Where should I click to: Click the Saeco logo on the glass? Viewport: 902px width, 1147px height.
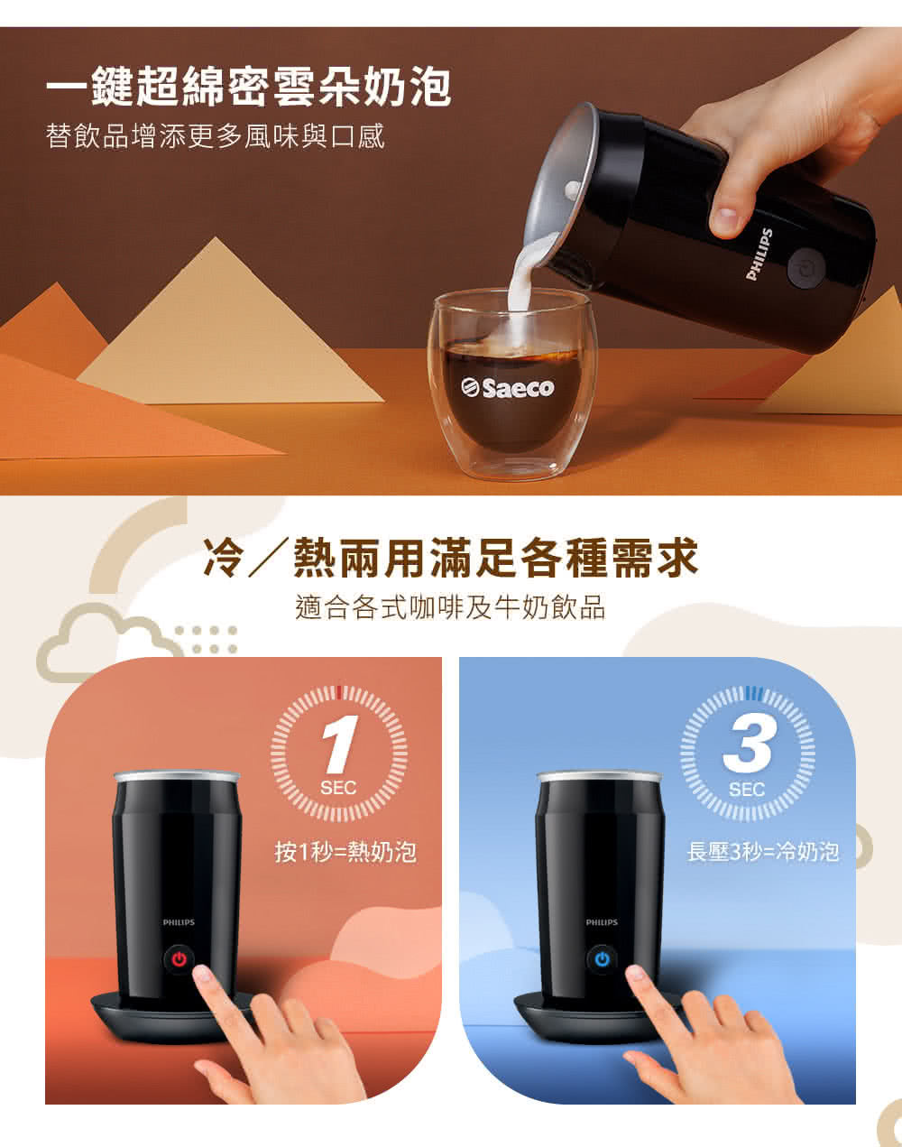[509, 388]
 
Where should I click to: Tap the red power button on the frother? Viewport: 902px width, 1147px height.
[179, 958]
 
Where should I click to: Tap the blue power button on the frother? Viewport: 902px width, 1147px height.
[602, 958]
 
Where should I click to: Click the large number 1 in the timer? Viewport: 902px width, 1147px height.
[337, 745]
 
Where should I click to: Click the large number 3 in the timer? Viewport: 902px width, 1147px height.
[748, 745]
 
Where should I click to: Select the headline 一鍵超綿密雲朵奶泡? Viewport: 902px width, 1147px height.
[249, 88]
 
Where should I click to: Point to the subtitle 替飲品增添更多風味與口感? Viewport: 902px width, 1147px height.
[216, 136]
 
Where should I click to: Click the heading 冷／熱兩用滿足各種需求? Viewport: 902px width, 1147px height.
[451, 557]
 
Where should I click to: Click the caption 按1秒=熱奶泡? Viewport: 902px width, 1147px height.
[345, 851]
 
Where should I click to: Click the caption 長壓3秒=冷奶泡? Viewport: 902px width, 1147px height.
[763, 851]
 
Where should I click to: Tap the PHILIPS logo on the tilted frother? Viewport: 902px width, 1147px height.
[759, 254]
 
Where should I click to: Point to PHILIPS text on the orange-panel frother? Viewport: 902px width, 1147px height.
[179, 922]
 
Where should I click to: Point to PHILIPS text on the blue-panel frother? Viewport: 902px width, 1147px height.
[602, 922]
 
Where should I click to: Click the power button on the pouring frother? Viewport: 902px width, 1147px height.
[803, 269]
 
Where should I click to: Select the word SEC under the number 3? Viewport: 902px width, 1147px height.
[747, 790]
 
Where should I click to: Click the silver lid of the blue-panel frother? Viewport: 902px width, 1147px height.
[600, 775]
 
